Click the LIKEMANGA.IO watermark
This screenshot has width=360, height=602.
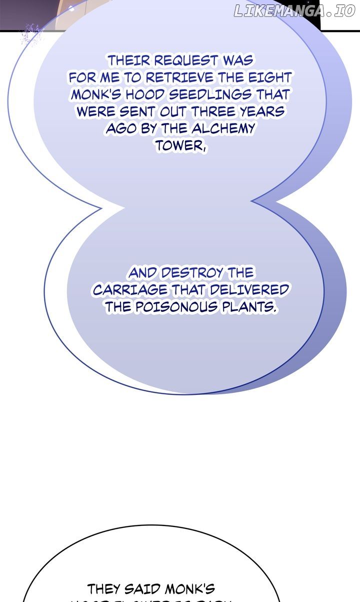294,11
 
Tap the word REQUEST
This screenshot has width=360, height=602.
185,61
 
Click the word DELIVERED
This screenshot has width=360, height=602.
249,290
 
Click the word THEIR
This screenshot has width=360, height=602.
129,61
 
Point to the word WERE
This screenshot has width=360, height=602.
95,112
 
